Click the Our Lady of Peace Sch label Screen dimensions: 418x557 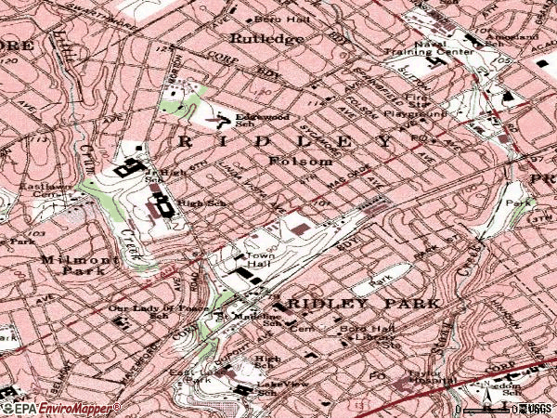click(x=143, y=311)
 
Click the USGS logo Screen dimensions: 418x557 click(x=538, y=409)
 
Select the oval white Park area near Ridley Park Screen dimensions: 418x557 click(x=382, y=276)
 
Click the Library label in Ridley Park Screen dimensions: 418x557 click(x=371, y=339)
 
